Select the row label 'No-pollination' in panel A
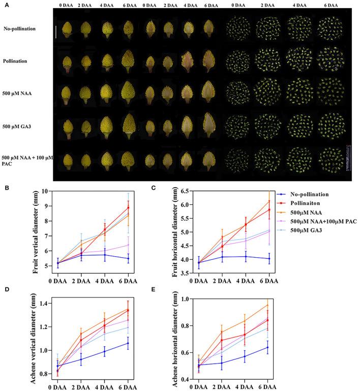(x=19, y=29)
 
